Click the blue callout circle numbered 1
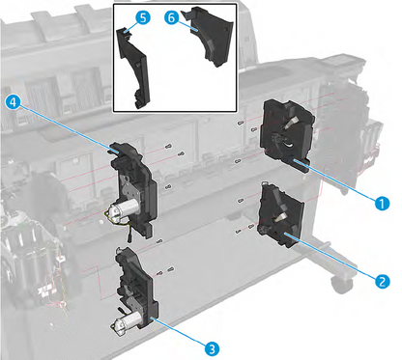383,203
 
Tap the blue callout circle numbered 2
383,281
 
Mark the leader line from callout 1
338,184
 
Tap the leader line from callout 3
178,324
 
